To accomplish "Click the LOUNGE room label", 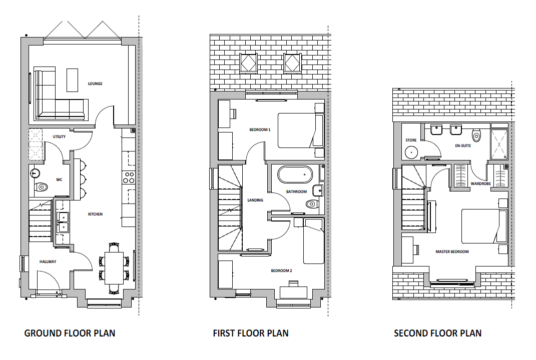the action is [x=95, y=83].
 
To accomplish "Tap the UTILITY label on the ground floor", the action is [x=59, y=136].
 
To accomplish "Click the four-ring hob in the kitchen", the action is [x=129, y=177].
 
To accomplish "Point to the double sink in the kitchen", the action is [x=63, y=222].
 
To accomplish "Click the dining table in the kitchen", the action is [x=114, y=268].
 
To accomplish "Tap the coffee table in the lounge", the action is [x=72, y=80].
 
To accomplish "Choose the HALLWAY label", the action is [x=48, y=261].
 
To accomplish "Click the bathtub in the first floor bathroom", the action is [x=295, y=174].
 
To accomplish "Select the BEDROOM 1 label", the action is [x=260, y=130].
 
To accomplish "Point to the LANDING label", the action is [x=255, y=200].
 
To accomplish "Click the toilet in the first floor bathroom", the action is [x=311, y=204].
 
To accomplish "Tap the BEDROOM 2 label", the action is [x=281, y=271].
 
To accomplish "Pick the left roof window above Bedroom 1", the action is [x=248, y=63].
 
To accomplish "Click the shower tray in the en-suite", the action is [x=499, y=144].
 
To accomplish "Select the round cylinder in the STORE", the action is [x=411, y=152].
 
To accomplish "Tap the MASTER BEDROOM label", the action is [x=452, y=251].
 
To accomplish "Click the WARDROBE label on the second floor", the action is [x=480, y=184].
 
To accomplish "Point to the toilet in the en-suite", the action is [x=476, y=135].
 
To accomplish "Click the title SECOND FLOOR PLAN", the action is [x=437, y=333].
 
